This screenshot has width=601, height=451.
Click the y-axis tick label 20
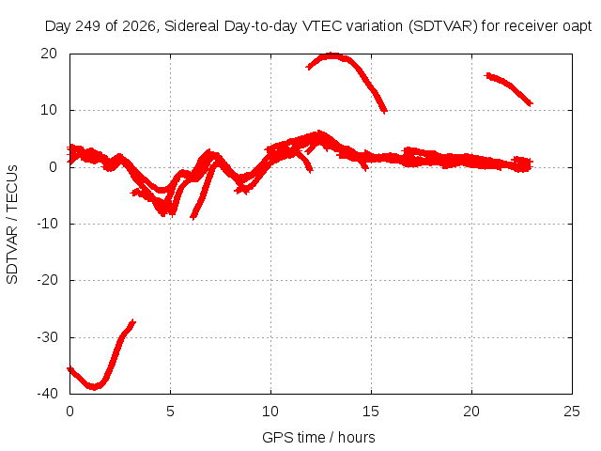(49, 54)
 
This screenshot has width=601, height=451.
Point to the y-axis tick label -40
(47, 394)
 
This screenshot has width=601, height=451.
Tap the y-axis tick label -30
(47, 337)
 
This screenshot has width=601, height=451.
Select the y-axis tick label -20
(47, 280)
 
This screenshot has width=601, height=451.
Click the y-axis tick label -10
(47, 224)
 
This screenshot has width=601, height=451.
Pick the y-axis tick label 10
(49, 111)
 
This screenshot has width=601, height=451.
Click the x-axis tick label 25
(572, 412)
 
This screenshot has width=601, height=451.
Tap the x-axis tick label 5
(170, 412)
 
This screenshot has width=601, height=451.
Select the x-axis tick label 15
(371, 412)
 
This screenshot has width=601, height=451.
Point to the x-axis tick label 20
(471, 412)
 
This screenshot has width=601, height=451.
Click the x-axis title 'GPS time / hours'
(318, 438)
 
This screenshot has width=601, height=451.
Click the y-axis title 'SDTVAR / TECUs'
(12, 225)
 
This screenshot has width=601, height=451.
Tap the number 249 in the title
(88, 26)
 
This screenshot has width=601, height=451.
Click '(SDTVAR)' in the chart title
(442, 26)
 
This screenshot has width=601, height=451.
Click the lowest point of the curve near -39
(94, 387)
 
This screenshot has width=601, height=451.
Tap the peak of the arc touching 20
(332, 55)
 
